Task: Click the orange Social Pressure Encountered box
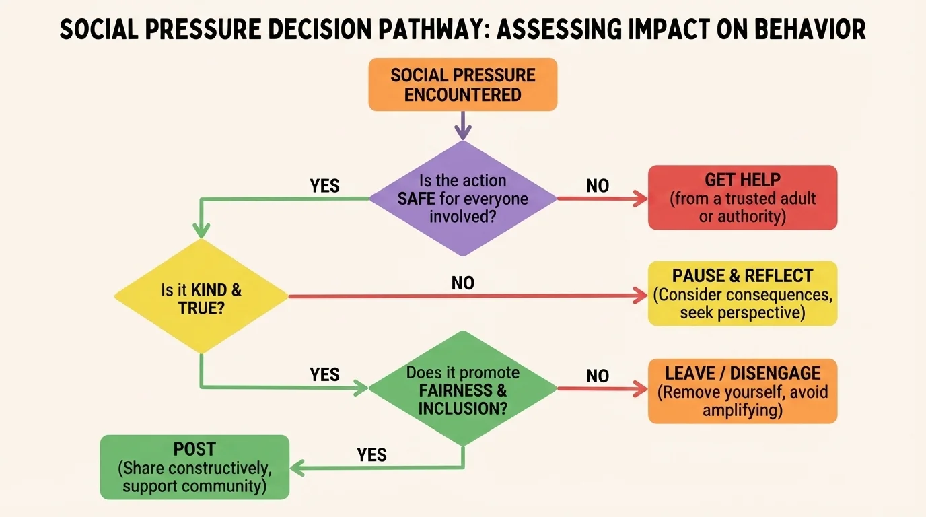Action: tap(462, 84)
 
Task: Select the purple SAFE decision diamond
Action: tap(462, 198)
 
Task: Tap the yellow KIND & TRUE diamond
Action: tap(201, 296)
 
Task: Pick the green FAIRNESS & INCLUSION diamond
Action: tap(462, 388)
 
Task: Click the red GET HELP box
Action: tap(742, 198)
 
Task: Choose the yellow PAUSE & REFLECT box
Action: tap(742, 294)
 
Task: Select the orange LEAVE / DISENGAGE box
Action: tap(742, 391)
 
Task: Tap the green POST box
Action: tap(194, 467)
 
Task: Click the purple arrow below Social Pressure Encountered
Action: tap(462, 125)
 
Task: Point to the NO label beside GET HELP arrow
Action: tap(597, 186)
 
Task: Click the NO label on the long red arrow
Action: tap(462, 283)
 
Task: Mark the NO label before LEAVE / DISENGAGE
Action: tap(597, 376)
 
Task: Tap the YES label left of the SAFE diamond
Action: tap(324, 186)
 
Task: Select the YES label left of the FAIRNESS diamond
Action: tap(324, 374)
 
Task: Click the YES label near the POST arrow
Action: tap(371, 455)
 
